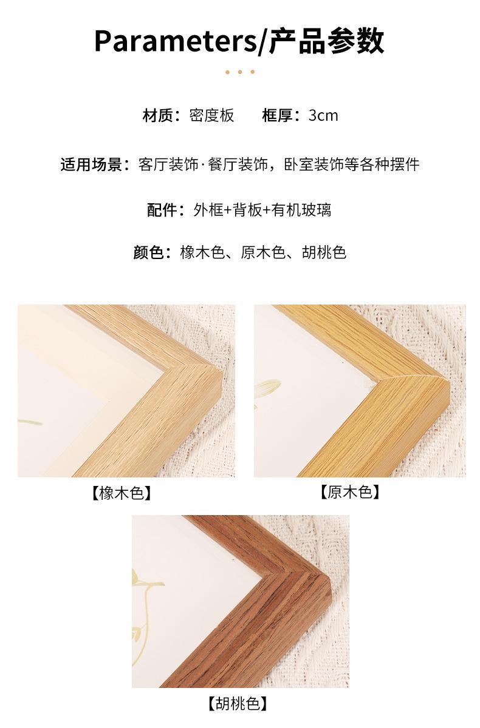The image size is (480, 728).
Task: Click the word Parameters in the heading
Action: (176, 41)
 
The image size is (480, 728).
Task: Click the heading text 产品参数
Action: (327, 41)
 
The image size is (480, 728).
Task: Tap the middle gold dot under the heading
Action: (240, 72)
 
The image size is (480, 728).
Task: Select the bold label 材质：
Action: (162, 115)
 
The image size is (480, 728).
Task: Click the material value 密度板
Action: (211, 115)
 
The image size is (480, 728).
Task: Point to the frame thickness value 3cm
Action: (323, 116)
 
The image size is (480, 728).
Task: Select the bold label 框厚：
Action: (281, 115)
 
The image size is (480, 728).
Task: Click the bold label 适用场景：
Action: (95, 164)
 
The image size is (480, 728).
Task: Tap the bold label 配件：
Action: (166, 210)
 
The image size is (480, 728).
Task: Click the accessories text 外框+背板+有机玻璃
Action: (262, 210)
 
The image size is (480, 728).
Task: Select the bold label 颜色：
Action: (153, 252)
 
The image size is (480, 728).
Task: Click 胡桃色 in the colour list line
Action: (324, 252)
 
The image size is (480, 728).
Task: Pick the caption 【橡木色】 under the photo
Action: (122, 493)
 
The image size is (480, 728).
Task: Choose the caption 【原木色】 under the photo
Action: (350, 492)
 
